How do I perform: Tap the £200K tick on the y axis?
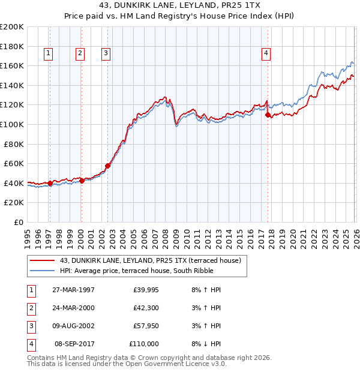click(12, 27)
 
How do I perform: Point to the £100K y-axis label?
click(12, 124)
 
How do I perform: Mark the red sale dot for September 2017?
click(268, 115)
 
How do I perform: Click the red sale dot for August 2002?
click(107, 166)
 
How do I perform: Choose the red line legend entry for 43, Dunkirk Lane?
click(150, 260)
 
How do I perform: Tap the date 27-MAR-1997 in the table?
click(73, 290)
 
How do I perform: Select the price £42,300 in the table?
click(146, 308)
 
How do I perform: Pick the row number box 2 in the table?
click(30, 308)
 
